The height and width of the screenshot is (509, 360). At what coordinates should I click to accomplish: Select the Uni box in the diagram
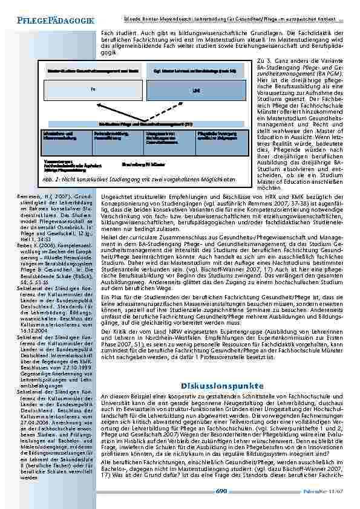click(x=195, y=90)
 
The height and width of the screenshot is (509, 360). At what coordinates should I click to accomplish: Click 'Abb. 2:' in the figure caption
click(x=50, y=180)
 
